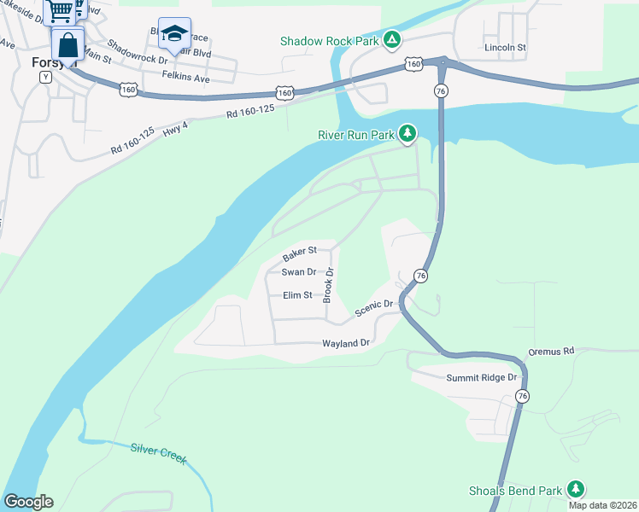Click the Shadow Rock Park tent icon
(x=391, y=39)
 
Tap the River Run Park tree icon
(x=408, y=133)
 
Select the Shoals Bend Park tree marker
(x=577, y=489)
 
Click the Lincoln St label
(x=505, y=48)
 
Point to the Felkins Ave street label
(x=186, y=78)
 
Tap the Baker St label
(x=300, y=252)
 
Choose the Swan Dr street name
(x=299, y=272)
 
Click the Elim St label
(x=297, y=295)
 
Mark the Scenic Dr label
(x=373, y=306)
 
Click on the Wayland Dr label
(x=345, y=343)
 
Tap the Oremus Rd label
(x=552, y=351)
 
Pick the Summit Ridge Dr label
(x=483, y=377)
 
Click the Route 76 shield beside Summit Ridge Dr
(x=522, y=395)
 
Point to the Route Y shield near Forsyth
(x=45, y=77)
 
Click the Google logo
(x=28, y=502)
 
